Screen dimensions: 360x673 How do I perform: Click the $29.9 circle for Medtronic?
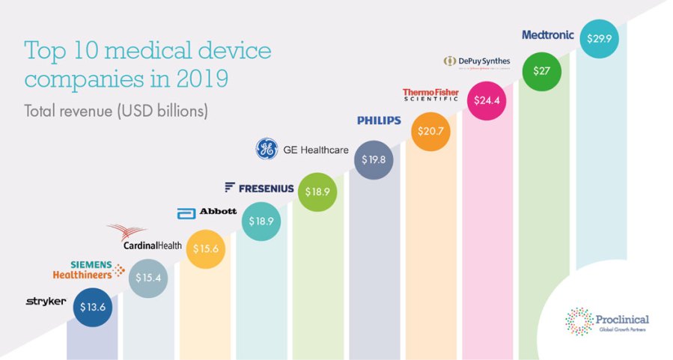tap(598, 39)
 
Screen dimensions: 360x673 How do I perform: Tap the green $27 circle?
tap(541, 71)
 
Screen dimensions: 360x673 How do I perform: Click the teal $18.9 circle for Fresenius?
tap(261, 222)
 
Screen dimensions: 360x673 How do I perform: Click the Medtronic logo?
tap(548, 34)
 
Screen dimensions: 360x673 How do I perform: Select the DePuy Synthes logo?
tap(481, 61)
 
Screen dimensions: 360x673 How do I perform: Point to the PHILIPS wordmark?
tap(379, 120)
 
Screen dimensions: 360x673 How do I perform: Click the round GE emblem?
tap(267, 149)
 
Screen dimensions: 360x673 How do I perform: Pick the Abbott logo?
tap(207, 213)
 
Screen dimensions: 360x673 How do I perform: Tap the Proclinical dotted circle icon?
tap(579, 320)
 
